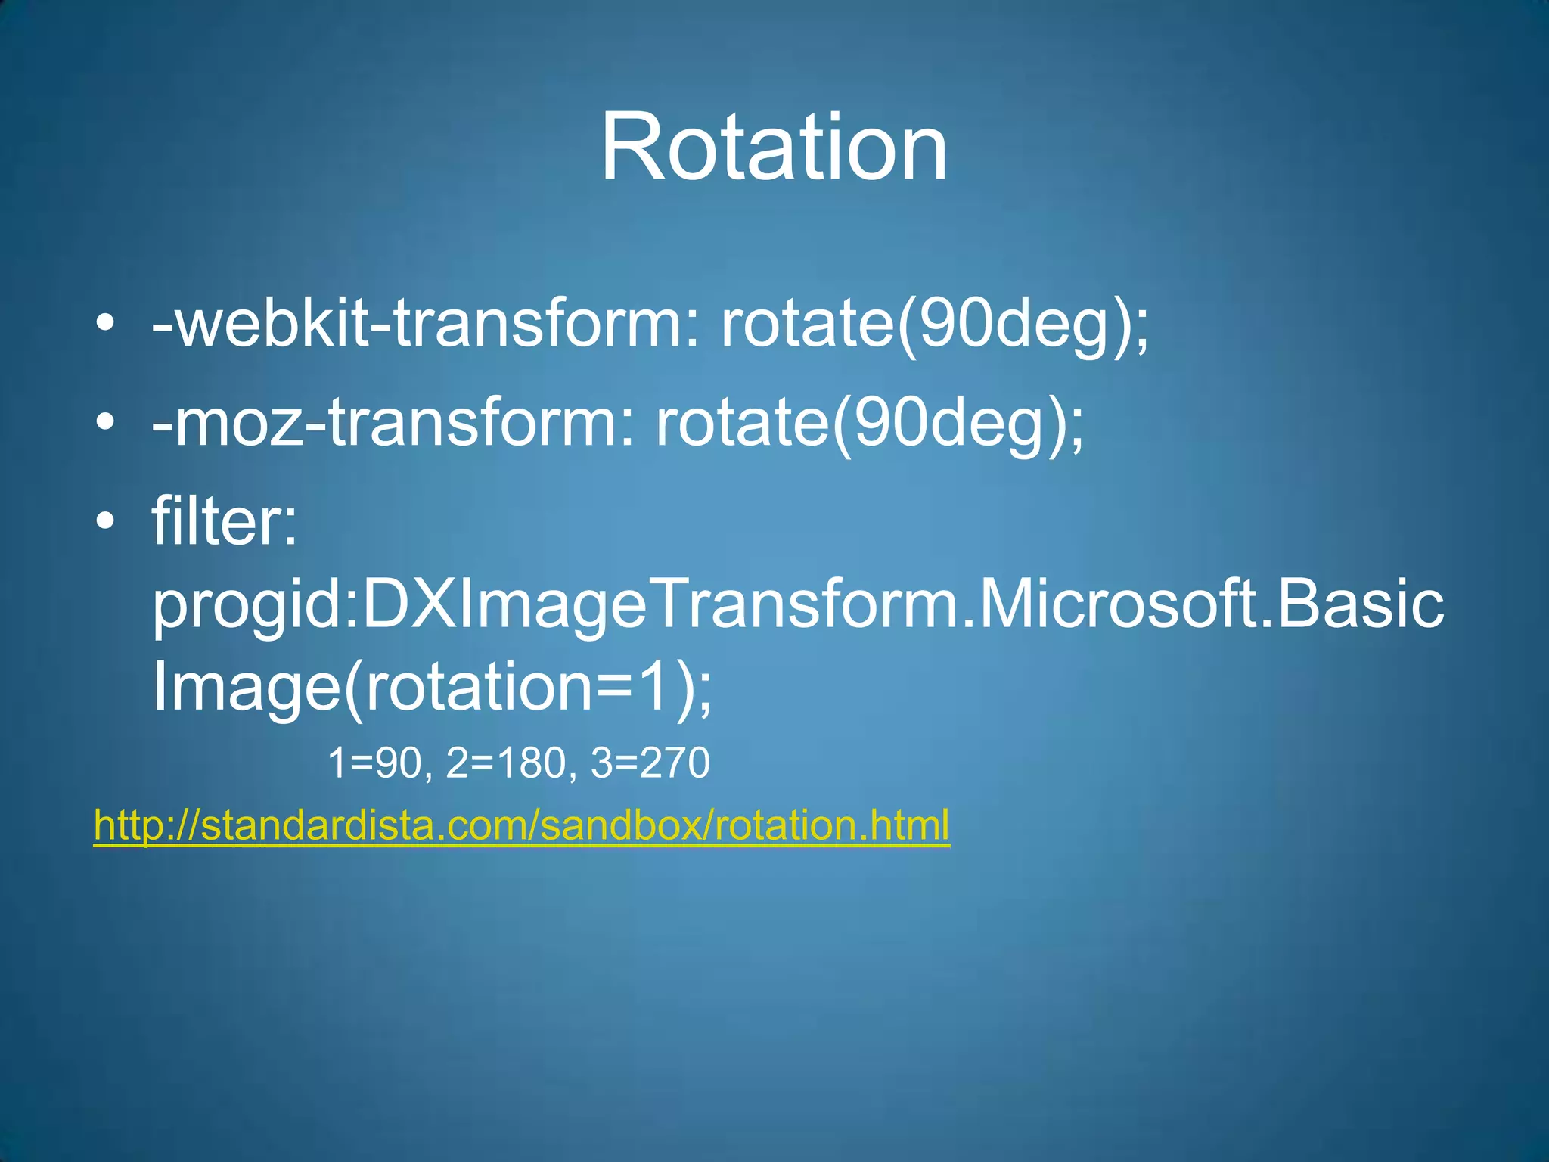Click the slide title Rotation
pyautogui.click(x=774, y=147)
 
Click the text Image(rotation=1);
pyautogui.click(x=432, y=687)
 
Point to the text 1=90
pyautogui.click(x=375, y=763)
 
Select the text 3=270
pyautogui.click(x=650, y=763)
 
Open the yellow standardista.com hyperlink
pyautogui.click(x=522, y=825)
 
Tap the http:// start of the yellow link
pyautogui.click(x=144, y=825)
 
